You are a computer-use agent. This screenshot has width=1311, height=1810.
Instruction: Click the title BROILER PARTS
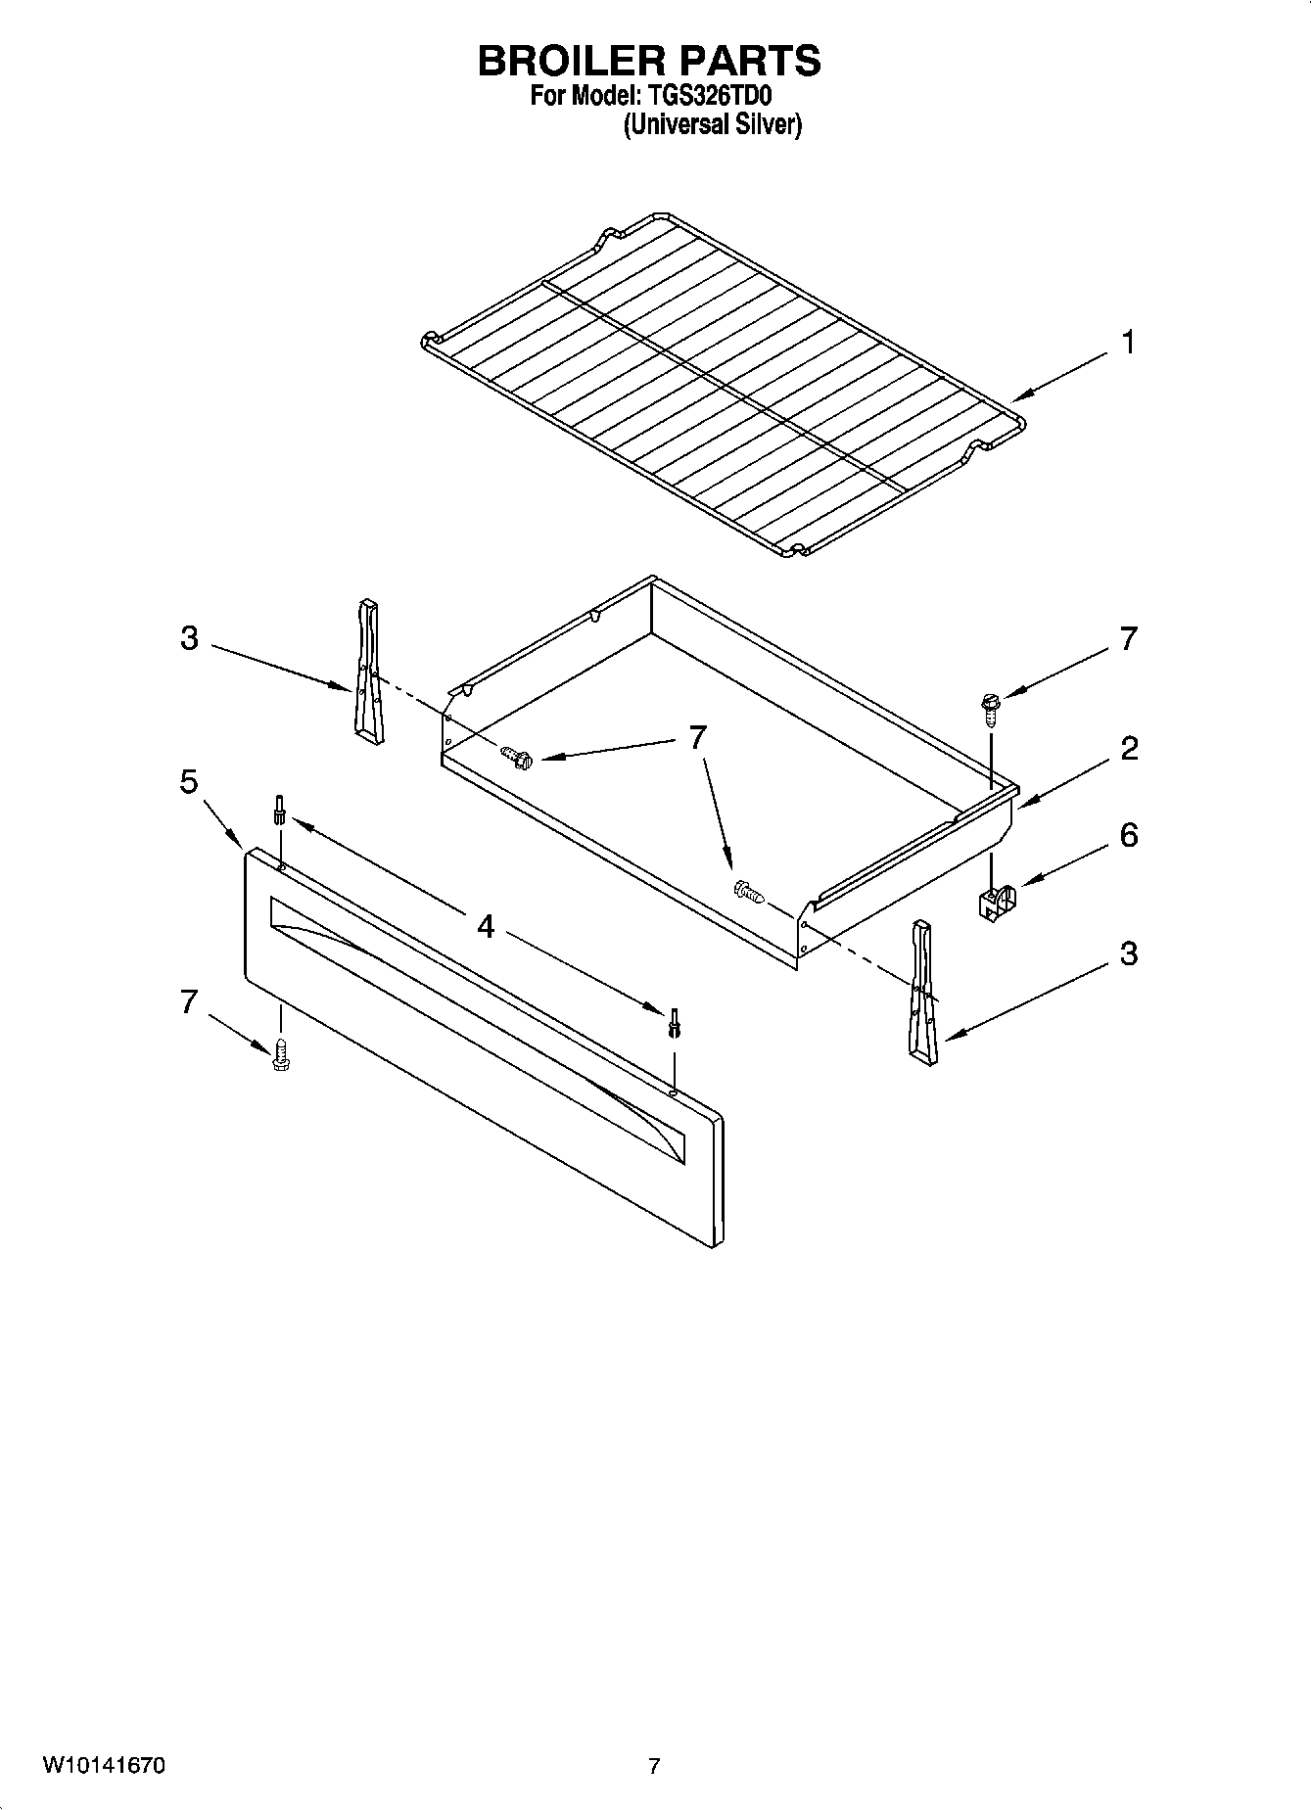click(649, 61)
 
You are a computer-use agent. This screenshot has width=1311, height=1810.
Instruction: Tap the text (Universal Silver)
click(713, 125)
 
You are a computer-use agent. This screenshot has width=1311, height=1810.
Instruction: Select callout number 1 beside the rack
click(1129, 343)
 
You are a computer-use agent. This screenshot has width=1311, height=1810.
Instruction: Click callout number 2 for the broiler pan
click(1129, 749)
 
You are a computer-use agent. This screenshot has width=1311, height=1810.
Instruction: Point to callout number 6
click(1129, 835)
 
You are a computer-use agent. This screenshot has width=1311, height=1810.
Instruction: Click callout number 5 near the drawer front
click(189, 782)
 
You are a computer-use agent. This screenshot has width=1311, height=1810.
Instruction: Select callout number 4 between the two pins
click(486, 925)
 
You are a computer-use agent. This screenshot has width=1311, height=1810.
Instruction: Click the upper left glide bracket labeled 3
click(369, 672)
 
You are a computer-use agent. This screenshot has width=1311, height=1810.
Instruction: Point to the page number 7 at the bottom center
click(654, 1767)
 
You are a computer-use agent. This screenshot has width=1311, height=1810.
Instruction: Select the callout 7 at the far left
click(189, 1001)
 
